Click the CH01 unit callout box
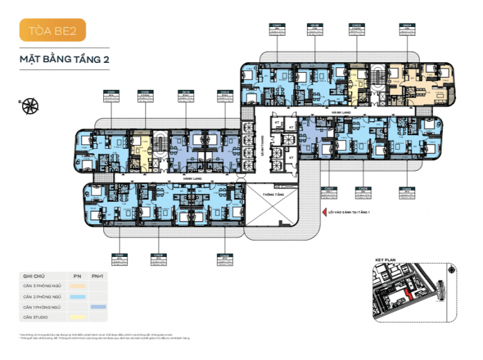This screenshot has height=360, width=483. [277, 30]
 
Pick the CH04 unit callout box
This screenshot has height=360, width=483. [406, 30]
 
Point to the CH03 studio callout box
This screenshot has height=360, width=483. [357, 30]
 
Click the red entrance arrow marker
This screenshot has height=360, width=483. [324, 212]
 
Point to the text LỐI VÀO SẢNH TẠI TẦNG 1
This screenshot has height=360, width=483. [350, 212]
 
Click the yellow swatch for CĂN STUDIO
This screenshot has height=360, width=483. [77, 317]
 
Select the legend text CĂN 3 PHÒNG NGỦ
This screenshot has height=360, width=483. [42, 286]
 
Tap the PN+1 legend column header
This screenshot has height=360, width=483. [97, 275]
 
